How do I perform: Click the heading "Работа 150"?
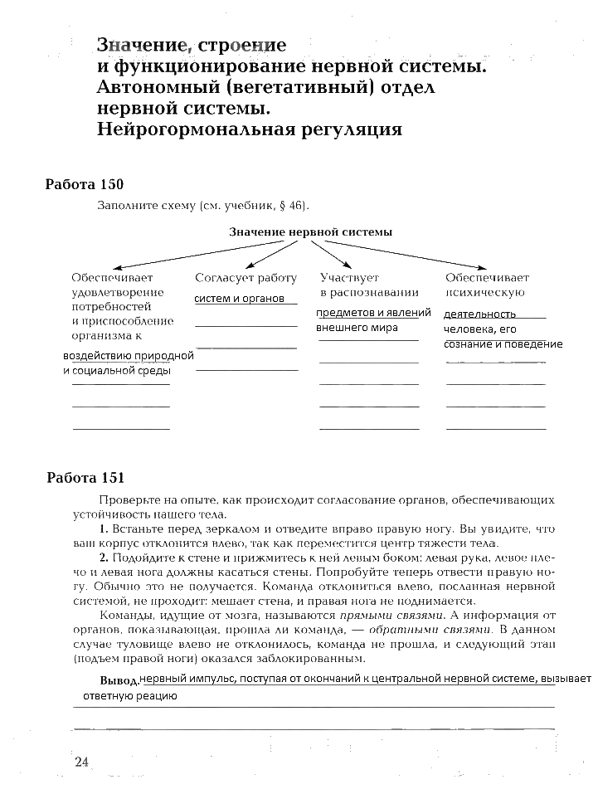point(84,184)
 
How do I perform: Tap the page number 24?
point(80,762)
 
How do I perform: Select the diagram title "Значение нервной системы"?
point(310,232)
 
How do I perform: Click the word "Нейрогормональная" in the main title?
point(198,129)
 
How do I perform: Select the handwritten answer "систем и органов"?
point(240,298)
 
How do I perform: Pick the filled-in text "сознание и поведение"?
point(503,343)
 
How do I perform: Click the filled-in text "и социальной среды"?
point(116,370)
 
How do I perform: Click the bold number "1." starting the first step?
point(104,529)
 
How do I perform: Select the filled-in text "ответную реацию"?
point(129,696)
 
